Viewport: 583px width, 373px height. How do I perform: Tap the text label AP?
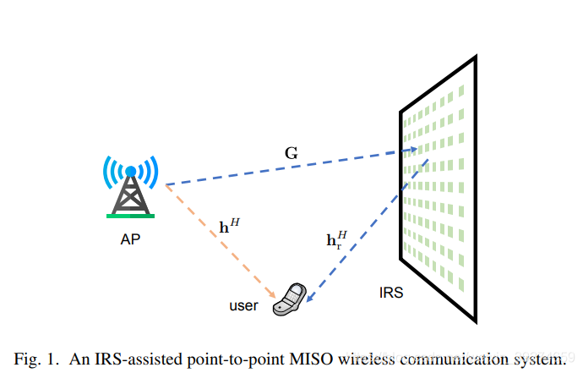[x=130, y=240]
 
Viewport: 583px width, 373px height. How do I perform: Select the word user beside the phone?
[x=243, y=305]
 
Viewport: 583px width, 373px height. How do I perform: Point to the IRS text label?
[x=391, y=293]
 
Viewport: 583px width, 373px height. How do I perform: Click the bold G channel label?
[x=291, y=154]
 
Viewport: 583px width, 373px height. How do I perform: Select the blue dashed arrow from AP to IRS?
[x=287, y=167]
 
